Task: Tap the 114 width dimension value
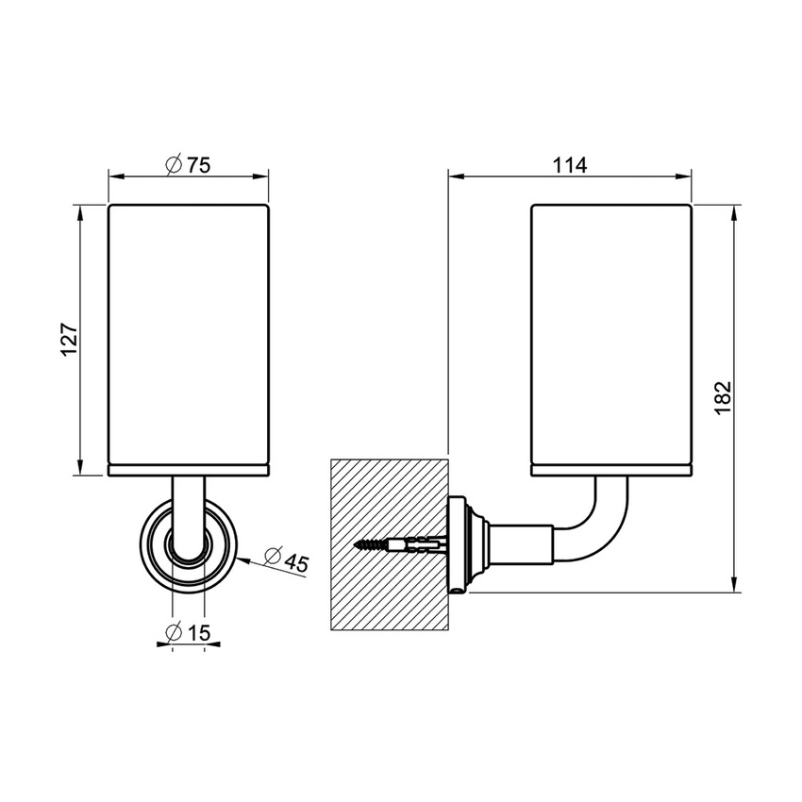570,165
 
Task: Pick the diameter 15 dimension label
188,633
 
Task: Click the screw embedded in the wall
396,544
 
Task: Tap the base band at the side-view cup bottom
611,468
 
